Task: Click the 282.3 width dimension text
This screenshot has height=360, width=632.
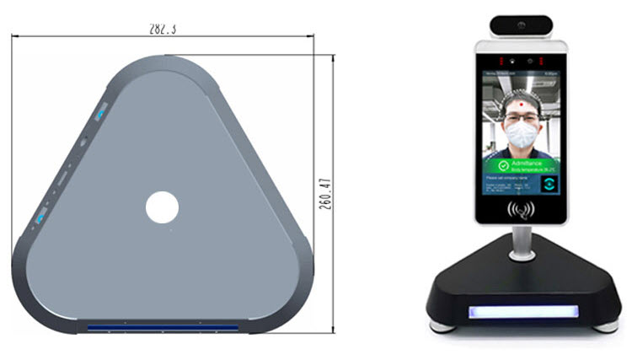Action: coord(162,28)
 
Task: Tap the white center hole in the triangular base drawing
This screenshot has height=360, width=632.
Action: coord(162,207)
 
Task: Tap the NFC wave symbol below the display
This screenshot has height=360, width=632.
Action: coord(520,207)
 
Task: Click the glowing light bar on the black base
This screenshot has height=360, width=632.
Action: coord(520,312)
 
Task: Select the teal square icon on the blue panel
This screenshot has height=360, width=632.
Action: coord(549,184)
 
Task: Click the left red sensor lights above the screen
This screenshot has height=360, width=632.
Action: coord(501,61)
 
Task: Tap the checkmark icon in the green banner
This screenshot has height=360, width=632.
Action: coord(502,166)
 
